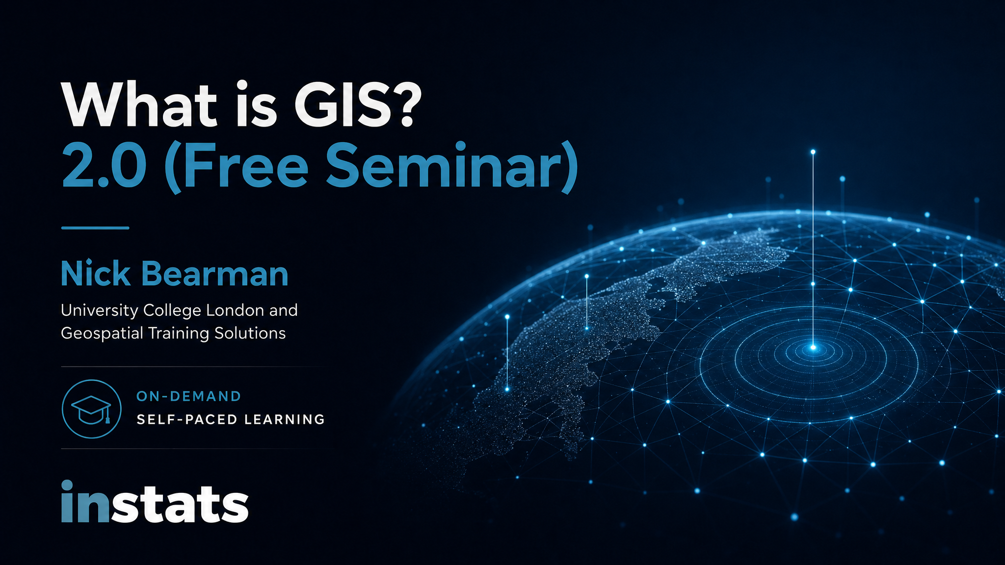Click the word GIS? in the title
358,105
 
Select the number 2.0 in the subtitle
104,166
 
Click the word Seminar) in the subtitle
452,167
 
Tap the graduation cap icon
92,409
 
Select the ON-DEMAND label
189,396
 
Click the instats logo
155,501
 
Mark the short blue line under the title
95,228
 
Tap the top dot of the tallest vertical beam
813,152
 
